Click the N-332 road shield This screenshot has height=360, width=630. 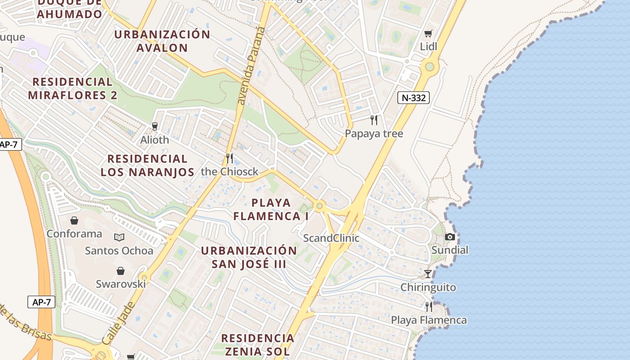(x=413, y=98)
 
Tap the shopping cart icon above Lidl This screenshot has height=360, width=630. (x=428, y=34)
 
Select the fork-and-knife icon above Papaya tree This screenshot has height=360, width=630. (x=373, y=120)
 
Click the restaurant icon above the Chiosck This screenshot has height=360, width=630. (x=229, y=158)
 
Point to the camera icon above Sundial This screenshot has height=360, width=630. (x=450, y=237)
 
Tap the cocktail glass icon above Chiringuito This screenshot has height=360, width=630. (x=428, y=274)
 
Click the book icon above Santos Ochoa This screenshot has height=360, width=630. (x=119, y=238)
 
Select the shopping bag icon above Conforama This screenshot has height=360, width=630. (x=74, y=221)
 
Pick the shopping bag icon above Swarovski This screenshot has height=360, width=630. (x=120, y=271)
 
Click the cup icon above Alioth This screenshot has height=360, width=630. (x=155, y=126)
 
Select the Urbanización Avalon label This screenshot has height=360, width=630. (x=162, y=41)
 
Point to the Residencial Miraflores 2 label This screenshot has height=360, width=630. (x=72, y=88)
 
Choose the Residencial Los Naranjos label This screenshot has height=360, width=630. (x=147, y=165)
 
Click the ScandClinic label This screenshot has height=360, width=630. (x=331, y=238)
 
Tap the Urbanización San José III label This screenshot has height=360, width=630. (x=249, y=257)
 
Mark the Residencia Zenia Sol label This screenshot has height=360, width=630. (x=257, y=344)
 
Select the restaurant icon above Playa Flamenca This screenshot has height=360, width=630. (x=429, y=307)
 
